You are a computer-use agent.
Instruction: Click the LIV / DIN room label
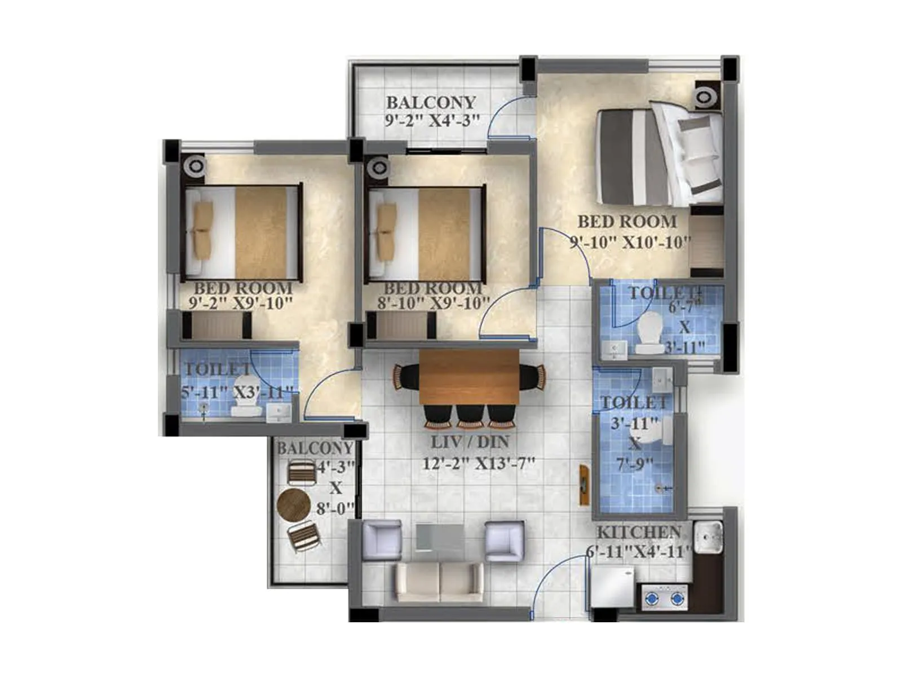(470, 442)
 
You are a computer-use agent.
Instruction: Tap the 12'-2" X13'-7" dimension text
(479, 464)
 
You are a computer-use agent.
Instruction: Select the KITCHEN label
(639, 532)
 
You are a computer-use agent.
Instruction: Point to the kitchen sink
(708, 537)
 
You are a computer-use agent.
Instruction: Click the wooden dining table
(469, 377)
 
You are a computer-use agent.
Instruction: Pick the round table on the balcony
(294, 504)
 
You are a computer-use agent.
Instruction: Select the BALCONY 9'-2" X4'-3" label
(430, 111)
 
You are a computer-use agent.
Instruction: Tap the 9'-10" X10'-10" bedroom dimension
(630, 243)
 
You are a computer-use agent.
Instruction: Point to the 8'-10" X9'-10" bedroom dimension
(433, 303)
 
